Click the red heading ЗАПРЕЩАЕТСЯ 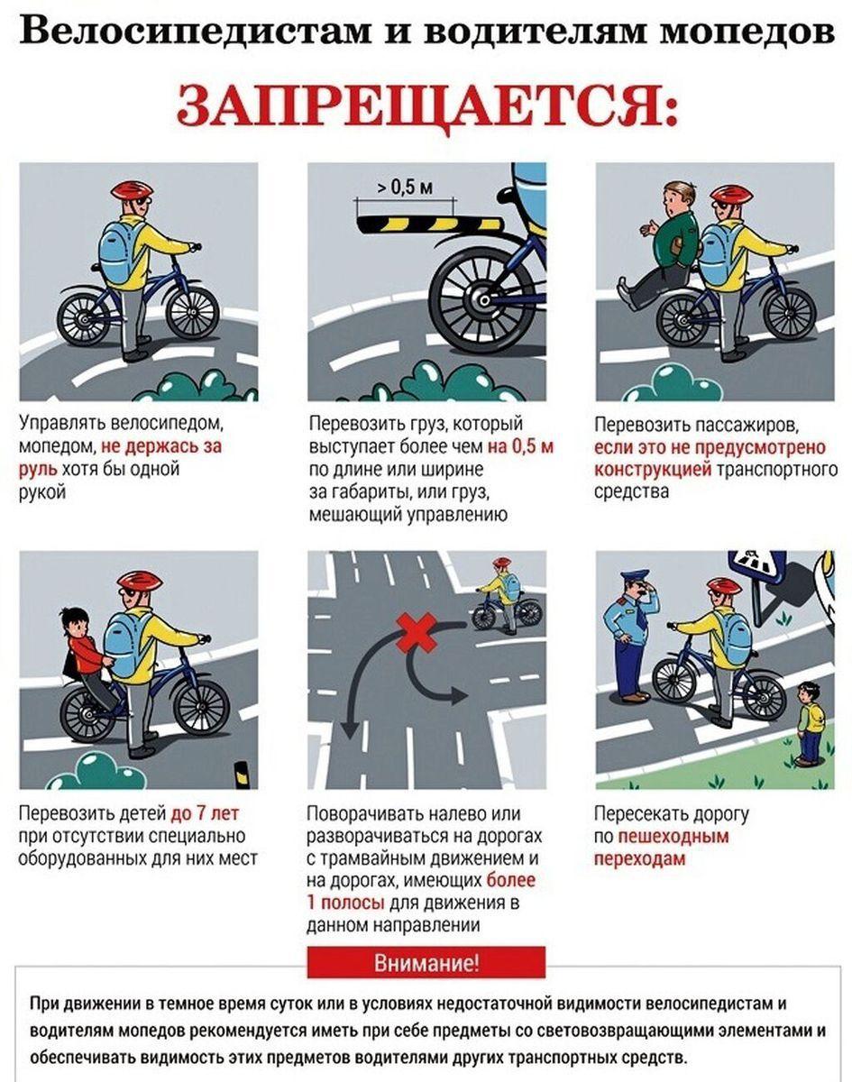point(426,106)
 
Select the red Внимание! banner point(426,963)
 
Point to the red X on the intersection point(417,632)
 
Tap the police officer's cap point(635,575)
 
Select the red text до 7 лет point(205,812)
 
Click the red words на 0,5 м point(520,446)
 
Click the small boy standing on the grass point(810,723)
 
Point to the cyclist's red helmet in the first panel point(132,190)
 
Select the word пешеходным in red point(673,836)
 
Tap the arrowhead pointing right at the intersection point(458,697)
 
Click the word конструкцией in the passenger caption point(653,469)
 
